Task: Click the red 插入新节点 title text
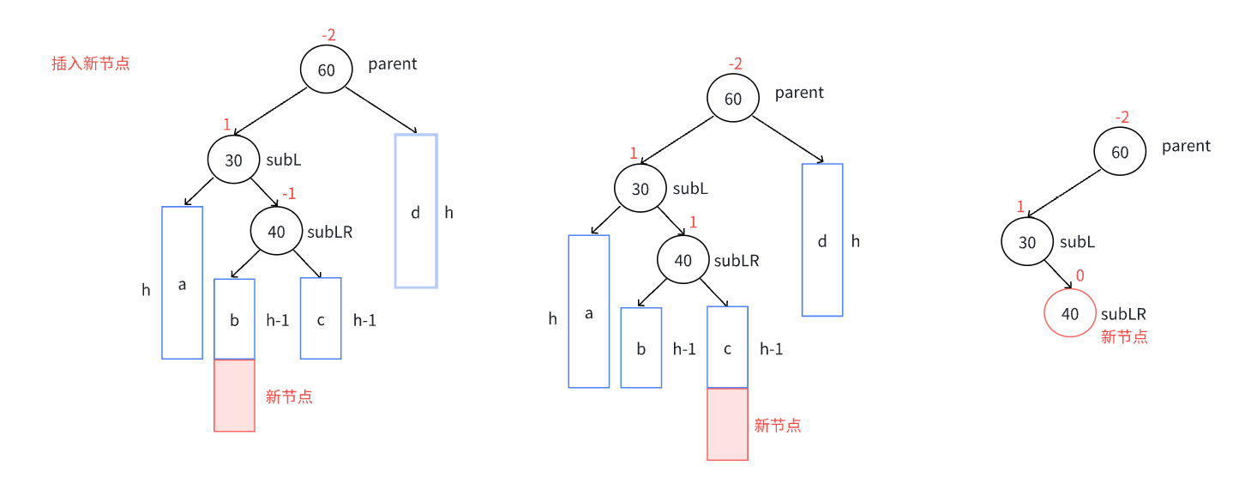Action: click(x=90, y=64)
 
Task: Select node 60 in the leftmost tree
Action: click(x=326, y=70)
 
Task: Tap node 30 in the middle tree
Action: click(x=640, y=189)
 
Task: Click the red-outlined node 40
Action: click(x=1069, y=313)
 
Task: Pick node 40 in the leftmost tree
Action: click(x=276, y=231)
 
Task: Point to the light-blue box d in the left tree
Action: click(x=416, y=211)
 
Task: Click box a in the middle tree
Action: click(x=588, y=312)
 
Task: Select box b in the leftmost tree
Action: click(x=234, y=319)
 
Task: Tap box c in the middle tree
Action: click(x=727, y=348)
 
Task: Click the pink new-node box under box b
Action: click(x=234, y=395)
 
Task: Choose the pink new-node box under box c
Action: click(x=727, y=424)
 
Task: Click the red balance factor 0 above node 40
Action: click(x=1080, y=275)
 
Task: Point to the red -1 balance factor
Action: click(x=288, y=194)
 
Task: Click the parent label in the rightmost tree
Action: click(x=1186, y=146)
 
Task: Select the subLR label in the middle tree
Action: click(x=737, y=261)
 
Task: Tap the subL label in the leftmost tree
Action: click(x=284, y=160)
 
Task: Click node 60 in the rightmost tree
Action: click(x=1120, y=153)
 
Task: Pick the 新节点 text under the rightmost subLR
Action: click(x=1124, y=337)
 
